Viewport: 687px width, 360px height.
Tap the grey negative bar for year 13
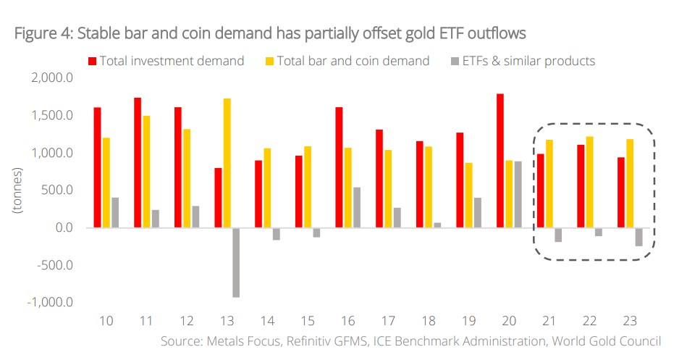tap(236, 262)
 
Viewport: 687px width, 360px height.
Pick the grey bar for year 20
tap(518, 194)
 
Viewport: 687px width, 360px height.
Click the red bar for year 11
tap(138, 163)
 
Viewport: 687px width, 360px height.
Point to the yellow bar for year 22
tap(589, 182)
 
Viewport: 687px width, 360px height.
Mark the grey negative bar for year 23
tap(638, 237)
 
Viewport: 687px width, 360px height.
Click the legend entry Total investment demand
tap(172, 61)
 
